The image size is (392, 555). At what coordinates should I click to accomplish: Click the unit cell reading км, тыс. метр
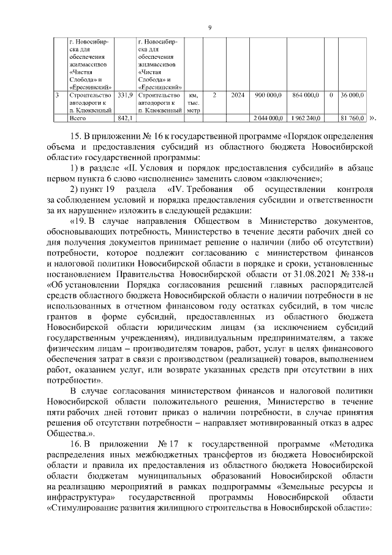(x=194, y=103)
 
